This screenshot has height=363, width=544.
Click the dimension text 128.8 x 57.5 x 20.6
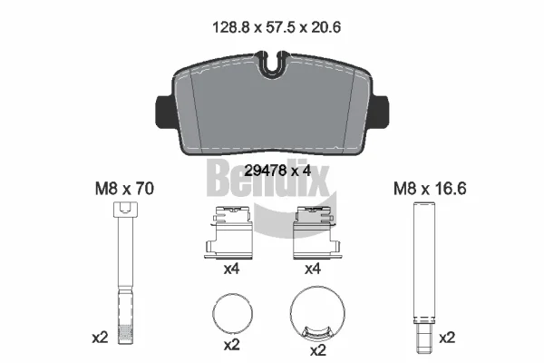pos(277,27)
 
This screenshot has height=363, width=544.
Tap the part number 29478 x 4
pos(277,171)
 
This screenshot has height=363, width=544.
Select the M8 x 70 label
pos(124,189)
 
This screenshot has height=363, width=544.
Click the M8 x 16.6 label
pos(430,189)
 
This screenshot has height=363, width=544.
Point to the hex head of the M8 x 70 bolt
pos(125,210)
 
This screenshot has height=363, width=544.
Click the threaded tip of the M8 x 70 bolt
pos(125,334)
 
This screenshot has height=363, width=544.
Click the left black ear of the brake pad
pos(164,111)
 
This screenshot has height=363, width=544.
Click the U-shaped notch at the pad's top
pos(272,65)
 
